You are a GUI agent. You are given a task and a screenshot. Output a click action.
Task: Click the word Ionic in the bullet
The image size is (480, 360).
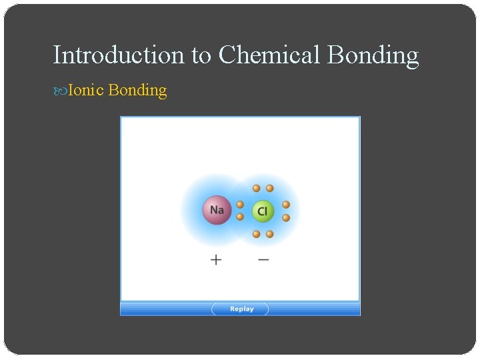coord(85,90)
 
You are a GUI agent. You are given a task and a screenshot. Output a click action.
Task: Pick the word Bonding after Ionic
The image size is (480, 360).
coord(137,91)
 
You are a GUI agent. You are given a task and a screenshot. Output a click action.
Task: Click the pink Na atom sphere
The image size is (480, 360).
coord(217,210)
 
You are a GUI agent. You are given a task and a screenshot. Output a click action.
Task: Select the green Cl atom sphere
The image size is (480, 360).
coord(263,211)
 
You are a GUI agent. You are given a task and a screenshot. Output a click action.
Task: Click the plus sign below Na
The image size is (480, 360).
coord(216,259)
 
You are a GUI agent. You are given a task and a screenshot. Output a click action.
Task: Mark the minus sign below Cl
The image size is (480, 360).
coord(263,259)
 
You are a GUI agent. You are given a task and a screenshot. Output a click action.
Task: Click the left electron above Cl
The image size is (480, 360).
coord(256,189)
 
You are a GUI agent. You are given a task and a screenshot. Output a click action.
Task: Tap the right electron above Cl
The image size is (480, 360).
coord(269,189)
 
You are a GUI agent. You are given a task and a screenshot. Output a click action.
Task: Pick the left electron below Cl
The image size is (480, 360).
coord(256,234)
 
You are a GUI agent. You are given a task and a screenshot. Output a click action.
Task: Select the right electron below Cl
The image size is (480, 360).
coord(269,234)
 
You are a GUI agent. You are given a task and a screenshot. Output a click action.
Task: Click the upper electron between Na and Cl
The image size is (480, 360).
coord(240,205)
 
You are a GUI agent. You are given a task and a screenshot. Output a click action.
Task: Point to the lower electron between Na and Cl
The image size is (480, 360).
coord(240,217)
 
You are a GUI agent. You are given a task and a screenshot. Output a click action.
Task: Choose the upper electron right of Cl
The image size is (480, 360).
coord(286,205)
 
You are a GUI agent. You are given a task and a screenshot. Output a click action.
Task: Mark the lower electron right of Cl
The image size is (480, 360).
coord(286,217)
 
